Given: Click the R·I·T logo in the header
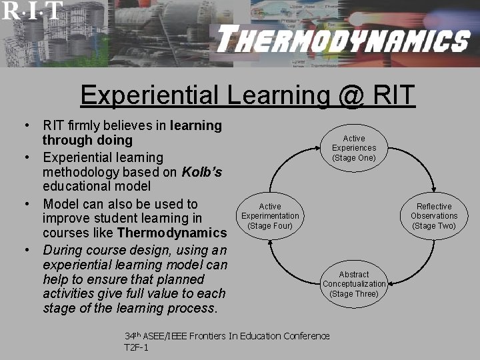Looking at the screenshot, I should coord(32,10).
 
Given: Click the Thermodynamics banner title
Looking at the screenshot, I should coord(343,41).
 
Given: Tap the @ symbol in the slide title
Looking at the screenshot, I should coord(351,95).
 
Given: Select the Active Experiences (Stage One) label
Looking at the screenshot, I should coord(354,148).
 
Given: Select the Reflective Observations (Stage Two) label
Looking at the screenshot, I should coord(434,216).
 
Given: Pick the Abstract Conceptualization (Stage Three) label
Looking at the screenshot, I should coord(354,284).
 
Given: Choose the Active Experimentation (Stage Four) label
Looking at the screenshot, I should coord(270,216).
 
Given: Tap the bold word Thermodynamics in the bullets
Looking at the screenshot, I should coord(172,233).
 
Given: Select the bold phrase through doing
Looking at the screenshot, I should coord(87,141).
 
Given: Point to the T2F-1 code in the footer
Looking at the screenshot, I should coord(137,347).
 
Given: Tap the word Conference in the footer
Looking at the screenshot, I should coord(303,335).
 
